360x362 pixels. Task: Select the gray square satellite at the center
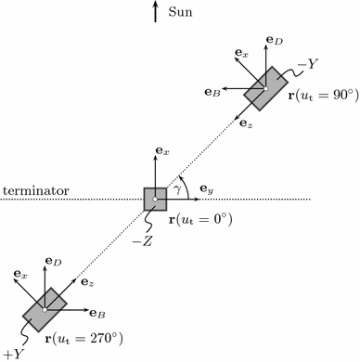155,200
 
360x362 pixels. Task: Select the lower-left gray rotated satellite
45,309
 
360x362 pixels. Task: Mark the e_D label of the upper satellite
274,42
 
